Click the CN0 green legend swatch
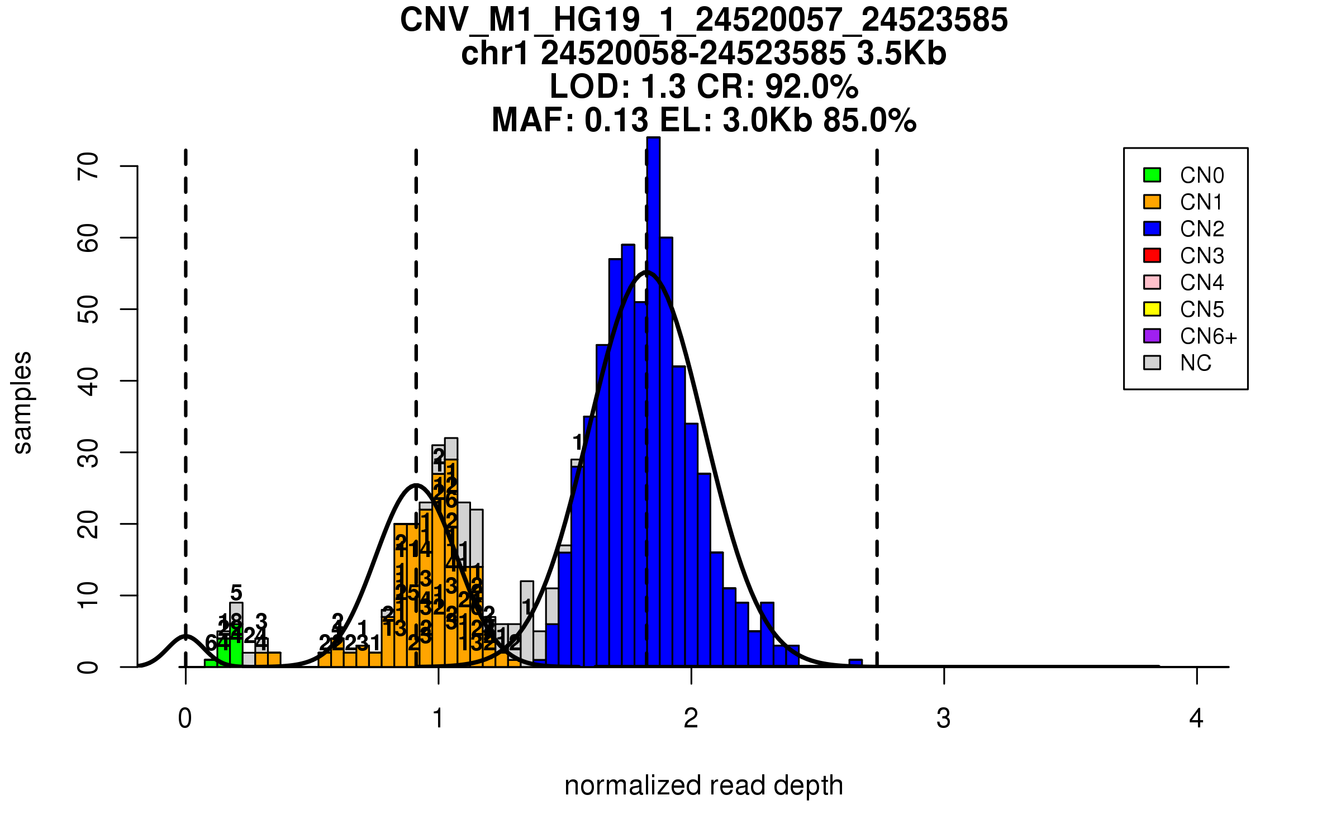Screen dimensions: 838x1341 1152,175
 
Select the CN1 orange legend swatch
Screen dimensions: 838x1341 1152,202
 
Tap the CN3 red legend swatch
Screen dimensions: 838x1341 1152,255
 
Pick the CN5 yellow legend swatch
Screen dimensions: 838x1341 1152,309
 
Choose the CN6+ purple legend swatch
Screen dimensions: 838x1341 1152,336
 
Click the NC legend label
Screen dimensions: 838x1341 1195,363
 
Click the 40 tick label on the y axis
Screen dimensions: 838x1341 88,381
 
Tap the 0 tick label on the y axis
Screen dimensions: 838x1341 88,667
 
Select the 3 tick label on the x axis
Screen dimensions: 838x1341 944,719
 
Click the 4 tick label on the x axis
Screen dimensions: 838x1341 1196,719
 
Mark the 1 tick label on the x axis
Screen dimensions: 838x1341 438,719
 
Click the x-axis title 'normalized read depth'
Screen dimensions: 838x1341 703,785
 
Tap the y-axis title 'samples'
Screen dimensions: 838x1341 22,402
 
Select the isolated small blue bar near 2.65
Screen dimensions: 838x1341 855,663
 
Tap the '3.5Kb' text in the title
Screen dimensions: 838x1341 901,54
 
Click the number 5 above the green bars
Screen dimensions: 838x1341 236,593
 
